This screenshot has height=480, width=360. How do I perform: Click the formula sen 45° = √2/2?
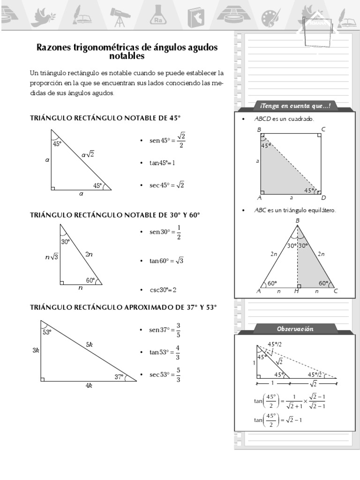(x=167, y=140)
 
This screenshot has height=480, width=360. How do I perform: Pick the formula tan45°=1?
(x=162, y=163)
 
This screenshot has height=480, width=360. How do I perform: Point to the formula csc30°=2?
(x=163, y=290)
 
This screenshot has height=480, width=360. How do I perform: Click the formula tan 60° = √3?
(x=166, y=261)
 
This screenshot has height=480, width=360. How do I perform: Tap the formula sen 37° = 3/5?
(x=165, y=330)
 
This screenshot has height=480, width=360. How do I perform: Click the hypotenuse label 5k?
(x=90, y=345)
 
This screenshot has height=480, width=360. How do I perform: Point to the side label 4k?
(x=89, y=386)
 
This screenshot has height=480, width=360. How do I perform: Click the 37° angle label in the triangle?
(x=120, y=376)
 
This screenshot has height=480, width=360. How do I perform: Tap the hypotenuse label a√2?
(x=88, y=154)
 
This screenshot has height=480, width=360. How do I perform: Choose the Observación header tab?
(x=295, y=329)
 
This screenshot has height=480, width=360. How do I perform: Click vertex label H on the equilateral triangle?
(x=297, y=291)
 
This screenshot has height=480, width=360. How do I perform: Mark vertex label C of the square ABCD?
(x=323, y=129)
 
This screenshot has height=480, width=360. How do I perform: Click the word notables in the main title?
(x=127, y=56)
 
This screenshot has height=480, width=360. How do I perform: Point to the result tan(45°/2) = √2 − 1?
(x=278, y=420)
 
